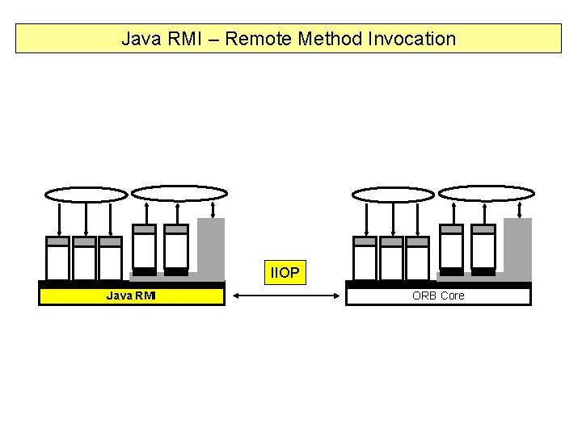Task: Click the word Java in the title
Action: [138, 39]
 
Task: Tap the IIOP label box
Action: [285, 273]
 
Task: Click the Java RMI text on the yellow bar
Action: [131, 296]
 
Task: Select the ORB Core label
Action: [438, 296]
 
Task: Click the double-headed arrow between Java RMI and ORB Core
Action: [285, 296]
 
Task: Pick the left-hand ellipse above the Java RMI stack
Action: [86, 194]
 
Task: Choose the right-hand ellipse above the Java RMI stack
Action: [179, 193]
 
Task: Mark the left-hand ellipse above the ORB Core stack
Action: [393, 194]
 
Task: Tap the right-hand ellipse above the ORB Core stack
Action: [487, 193]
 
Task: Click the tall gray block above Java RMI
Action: [211, 246]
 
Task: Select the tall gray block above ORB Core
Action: [518, 246]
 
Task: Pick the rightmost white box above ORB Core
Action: [483, 250]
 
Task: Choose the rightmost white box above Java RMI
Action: [176, 250]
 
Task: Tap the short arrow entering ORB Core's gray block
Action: [518, 209]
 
